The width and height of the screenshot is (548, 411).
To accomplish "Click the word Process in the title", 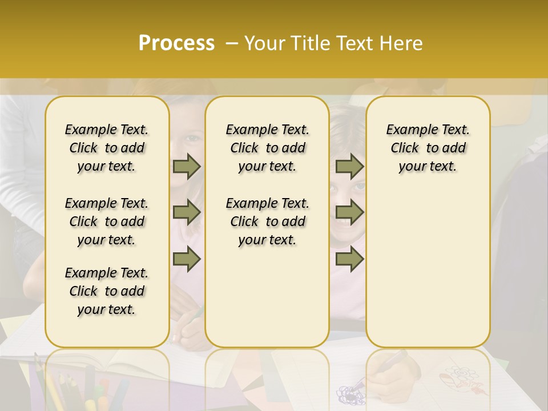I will click(x=176, y=43).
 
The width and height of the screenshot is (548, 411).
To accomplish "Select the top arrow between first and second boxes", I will click(x=187, y=167).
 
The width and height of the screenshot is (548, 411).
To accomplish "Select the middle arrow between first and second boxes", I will click(x=187, y=213).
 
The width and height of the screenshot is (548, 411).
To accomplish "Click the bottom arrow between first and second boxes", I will click(x=187, y=259).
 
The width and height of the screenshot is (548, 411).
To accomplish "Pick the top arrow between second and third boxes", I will click(x=349, y=167).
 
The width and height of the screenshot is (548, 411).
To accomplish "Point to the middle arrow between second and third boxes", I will click(x=349, y=213).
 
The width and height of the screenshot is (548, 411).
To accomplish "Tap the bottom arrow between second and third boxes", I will click(x=349, y=259).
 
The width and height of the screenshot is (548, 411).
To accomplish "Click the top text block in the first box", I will click(x=107, y=148).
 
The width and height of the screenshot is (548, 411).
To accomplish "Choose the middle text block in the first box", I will click(x=107, y=221).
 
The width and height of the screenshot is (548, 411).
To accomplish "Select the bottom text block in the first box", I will click(x=107, y=291).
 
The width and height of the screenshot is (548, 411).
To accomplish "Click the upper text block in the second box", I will click(x=267, y=148).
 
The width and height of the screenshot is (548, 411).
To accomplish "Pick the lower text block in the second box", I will click(x=267, y=221).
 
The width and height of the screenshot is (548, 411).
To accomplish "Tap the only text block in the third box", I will click(x=428, y=148).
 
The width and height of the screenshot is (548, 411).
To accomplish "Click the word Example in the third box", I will click(x=407, y=130).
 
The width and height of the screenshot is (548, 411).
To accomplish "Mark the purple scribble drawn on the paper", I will click(x=349, y=394).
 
